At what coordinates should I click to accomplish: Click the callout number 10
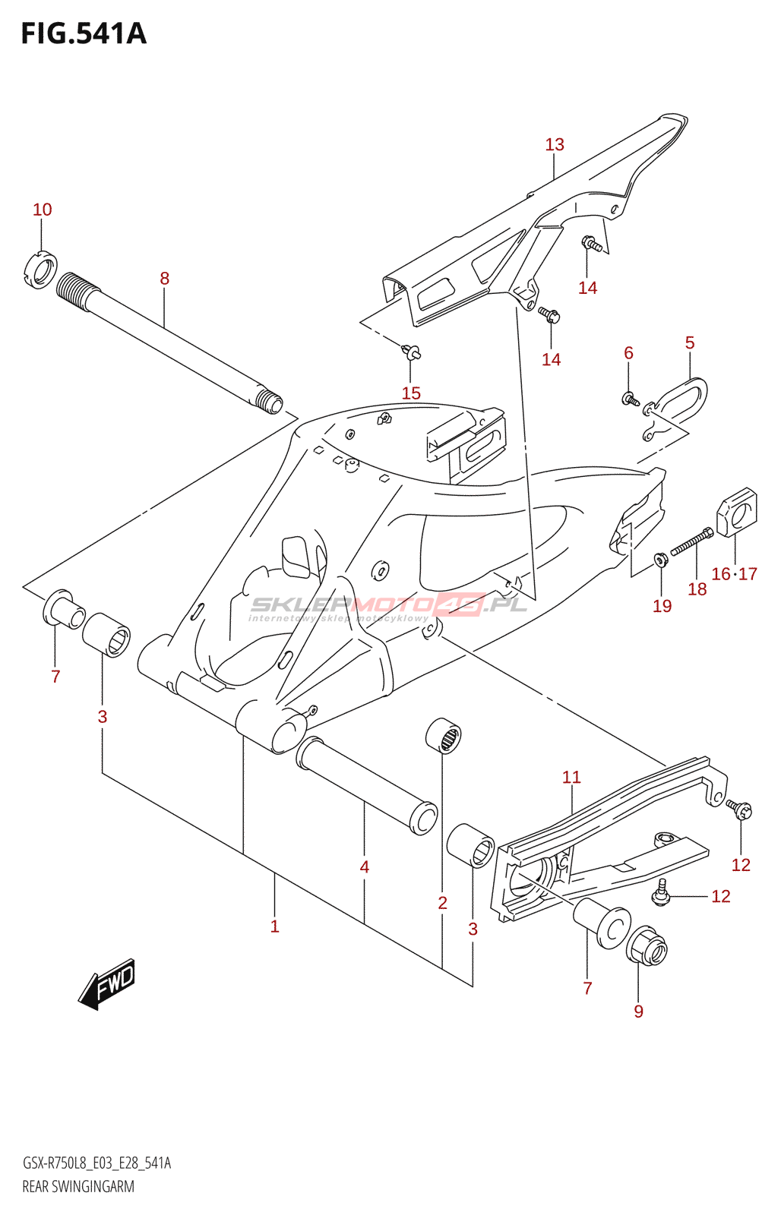point(43,210)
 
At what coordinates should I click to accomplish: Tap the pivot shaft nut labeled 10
point(41,270)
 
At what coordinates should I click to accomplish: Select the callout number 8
point(164,278)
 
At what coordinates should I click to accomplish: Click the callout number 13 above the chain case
point(555,144)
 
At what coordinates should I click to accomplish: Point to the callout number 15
point(412,393)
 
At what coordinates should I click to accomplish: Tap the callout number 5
point(690,342)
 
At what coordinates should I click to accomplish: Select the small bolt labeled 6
point(630,399)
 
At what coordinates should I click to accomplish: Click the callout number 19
point(662,606)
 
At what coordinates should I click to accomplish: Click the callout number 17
point(748,573)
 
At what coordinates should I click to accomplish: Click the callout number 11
point(571,778)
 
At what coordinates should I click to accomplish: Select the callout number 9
point(638,1011)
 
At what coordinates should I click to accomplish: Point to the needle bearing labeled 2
point(443,736)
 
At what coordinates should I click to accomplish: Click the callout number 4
point(364,866)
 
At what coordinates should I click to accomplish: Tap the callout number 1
point(274,926)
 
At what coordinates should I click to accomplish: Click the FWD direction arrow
point(106,984)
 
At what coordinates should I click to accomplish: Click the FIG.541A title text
point(84,33)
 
